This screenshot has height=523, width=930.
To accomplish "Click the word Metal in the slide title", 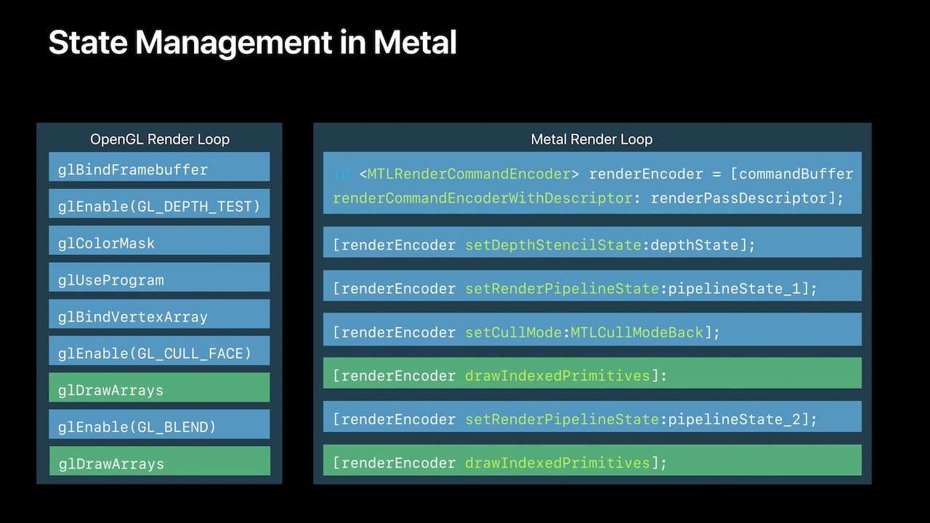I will point(415,43).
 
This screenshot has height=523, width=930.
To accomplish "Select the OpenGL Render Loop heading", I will point(159,139).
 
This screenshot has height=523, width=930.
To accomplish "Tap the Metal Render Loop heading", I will point(591,139).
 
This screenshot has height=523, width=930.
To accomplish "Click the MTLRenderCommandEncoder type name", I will point(469,174).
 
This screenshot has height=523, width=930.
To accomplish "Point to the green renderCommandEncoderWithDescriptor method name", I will point(482,198).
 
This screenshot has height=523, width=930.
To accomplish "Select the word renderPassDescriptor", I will point(734,198).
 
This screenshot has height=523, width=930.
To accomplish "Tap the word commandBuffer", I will point(796,174).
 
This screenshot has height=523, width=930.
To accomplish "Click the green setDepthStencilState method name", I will point(553,246).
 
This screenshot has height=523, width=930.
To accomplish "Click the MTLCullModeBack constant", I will point(637,333).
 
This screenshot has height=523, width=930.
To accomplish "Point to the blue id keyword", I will point(341,174).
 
